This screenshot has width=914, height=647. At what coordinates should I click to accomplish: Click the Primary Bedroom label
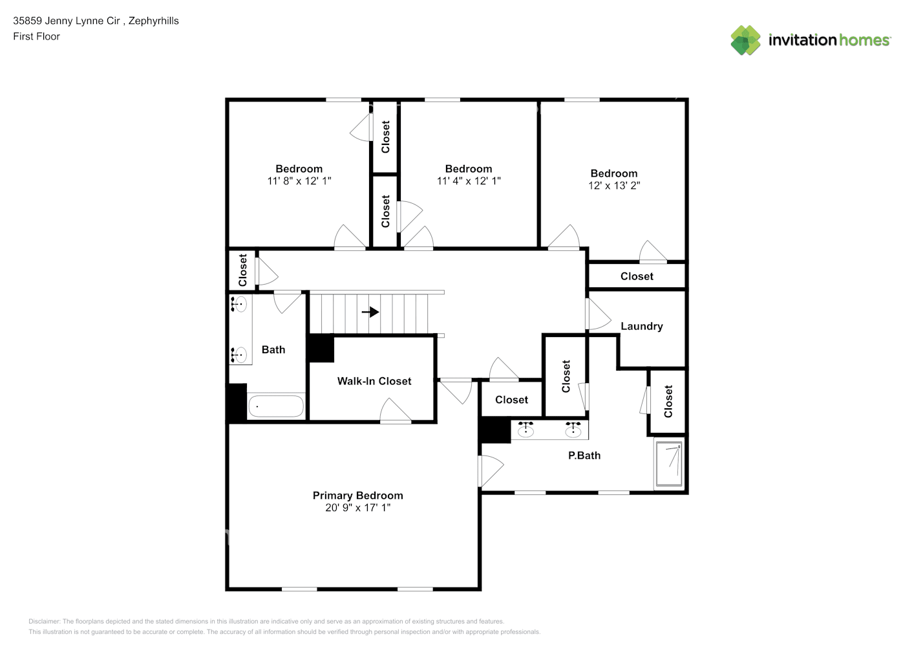coord(357,496)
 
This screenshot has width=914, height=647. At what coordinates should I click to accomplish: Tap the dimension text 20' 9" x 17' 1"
coord(357,508)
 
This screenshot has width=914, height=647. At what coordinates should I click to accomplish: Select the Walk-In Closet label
coord(374,381)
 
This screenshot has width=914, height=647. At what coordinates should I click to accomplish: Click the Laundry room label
coord(641,326)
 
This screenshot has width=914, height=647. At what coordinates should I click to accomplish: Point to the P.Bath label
coord(584,455)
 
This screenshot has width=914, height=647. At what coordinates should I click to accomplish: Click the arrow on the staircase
coord(370,313)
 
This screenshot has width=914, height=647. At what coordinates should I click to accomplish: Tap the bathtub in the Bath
coord(275,406)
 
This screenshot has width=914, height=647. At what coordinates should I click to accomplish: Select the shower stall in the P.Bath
coord(668,464)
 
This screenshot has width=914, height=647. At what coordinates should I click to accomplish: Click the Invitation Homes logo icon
coord(745,40)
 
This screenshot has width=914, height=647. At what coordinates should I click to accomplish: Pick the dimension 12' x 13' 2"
coord(613,186)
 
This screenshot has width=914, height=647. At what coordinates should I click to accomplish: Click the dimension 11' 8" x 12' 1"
coord(299,181)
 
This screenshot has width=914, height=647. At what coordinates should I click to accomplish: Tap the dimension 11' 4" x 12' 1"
coord(468,181)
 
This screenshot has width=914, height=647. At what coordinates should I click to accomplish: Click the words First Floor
coord(36,36)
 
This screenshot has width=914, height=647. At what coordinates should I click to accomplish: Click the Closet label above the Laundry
coord(637,276)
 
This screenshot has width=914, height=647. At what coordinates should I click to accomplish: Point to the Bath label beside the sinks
coord(273,349)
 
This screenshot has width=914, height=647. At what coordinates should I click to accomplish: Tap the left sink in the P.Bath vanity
coord(526,430)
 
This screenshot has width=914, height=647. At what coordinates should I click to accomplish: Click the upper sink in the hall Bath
coord(239,303)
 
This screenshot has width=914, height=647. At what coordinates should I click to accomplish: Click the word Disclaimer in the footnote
coord(44,621)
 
